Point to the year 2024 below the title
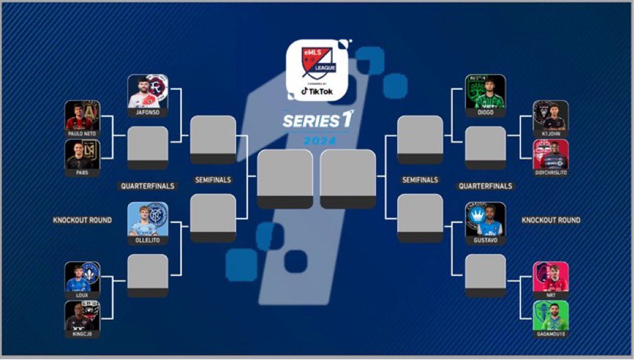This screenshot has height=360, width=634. [317, 140]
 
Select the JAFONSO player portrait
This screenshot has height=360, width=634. [148, 92]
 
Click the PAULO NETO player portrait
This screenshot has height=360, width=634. [83, 116]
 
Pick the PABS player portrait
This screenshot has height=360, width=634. [83, 155]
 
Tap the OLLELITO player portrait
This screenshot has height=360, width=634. [148, 219]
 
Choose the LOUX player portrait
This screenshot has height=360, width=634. [83, 277]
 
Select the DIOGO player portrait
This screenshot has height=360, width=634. [485, 92]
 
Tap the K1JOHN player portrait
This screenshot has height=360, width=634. [551, 116]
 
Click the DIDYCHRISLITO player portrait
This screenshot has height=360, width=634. [551, 155]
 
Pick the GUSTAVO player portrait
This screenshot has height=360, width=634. [485, 219]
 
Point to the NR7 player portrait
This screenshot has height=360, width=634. [551, 277]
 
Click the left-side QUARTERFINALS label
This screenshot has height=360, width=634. [147, 186]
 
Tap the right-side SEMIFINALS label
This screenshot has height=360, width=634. [420, 180]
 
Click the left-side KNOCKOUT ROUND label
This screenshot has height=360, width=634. [82, 220]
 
